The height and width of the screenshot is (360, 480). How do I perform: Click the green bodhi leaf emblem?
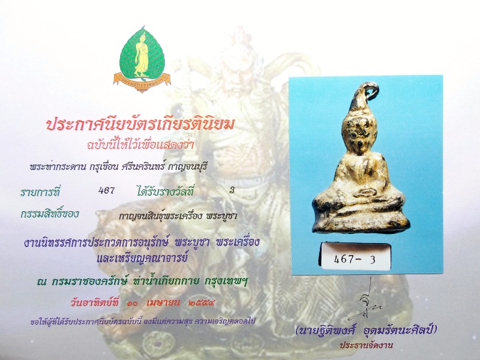coord(142,55)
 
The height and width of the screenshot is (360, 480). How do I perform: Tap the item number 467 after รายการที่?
coord(106,191)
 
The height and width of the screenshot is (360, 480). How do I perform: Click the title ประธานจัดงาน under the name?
coord(366,346)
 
